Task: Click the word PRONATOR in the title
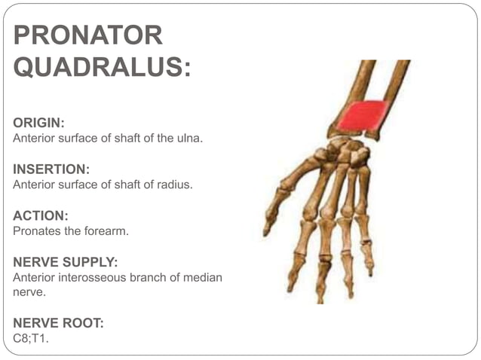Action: [x=88, y=35]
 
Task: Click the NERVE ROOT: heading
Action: [x=58, y=323]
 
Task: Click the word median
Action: [x=204, y=278]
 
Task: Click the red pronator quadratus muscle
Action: [x=363, y=115]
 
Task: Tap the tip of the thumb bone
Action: [x=268, y=230]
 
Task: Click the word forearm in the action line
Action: [x=109, y=231]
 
